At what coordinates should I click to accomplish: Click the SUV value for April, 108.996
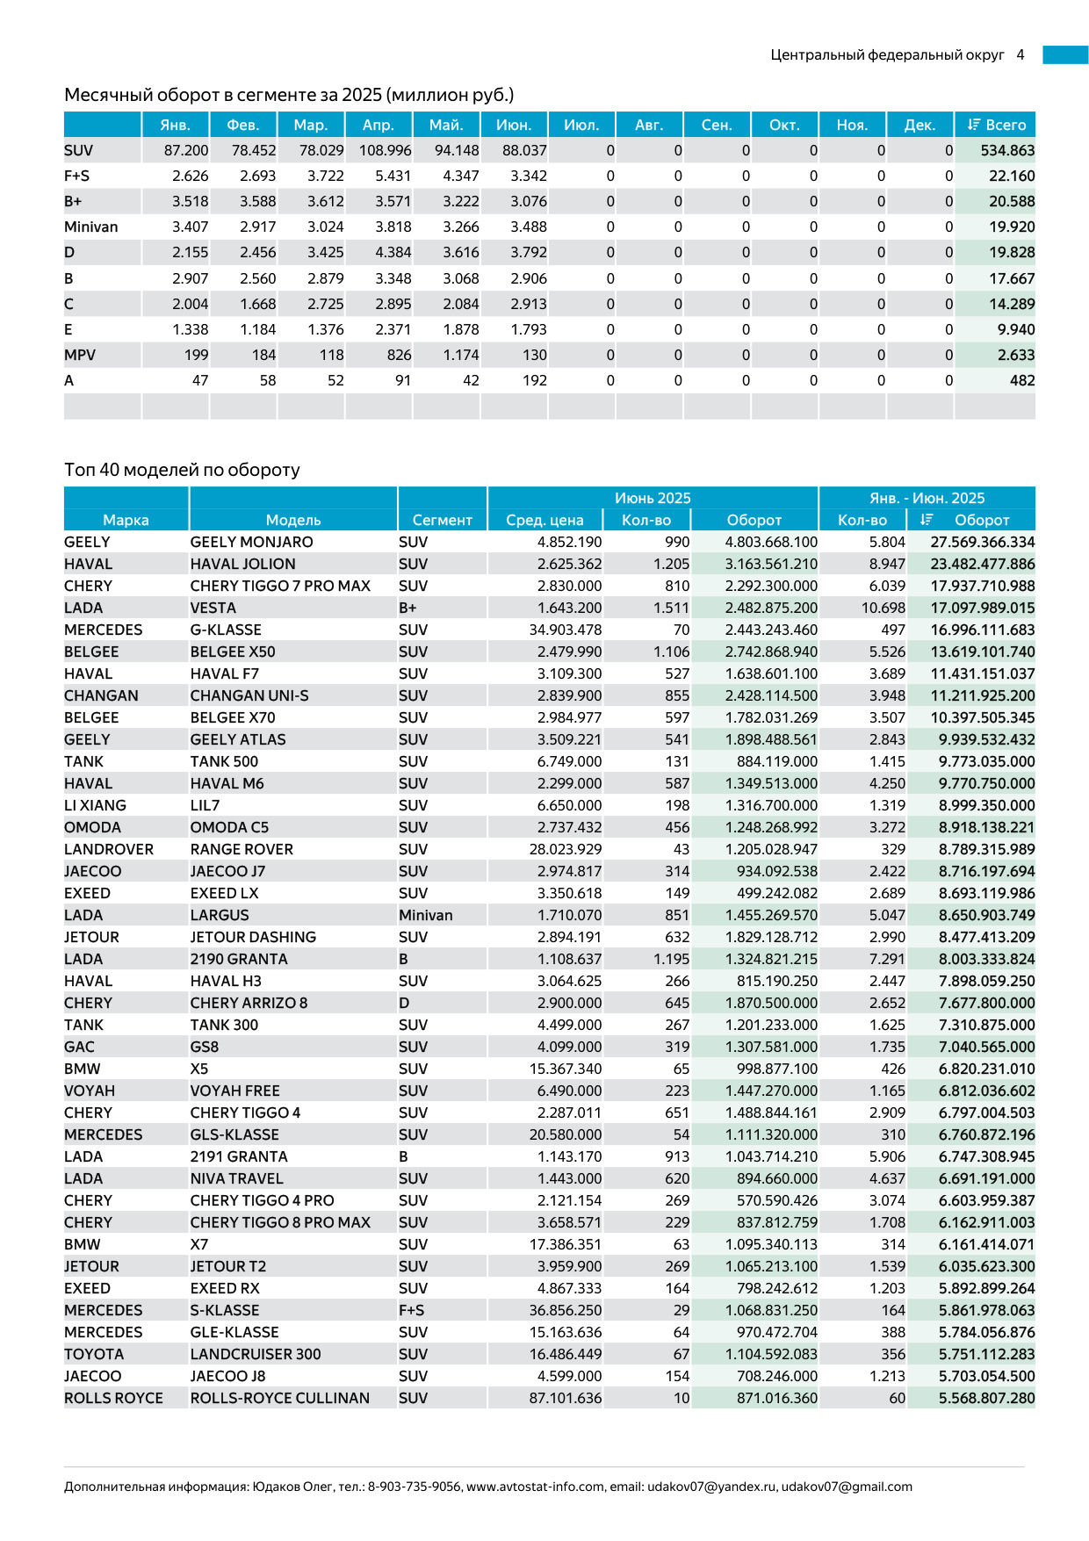point(385,151)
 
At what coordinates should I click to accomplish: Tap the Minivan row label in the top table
point(91,227)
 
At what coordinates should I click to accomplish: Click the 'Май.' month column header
point(446,125)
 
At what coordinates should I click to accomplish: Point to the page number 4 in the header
point(1020,55)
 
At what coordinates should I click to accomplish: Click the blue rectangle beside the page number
point(1065,55)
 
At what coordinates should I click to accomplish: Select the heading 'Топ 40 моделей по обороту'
point(182,470)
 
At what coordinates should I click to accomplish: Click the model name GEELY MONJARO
point(251,543)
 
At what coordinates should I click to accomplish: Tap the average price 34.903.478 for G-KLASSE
point(566,630)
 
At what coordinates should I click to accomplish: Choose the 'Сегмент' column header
point(442,521)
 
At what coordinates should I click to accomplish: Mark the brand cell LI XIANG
point(95,806)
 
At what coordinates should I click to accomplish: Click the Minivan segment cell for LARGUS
point(426,916)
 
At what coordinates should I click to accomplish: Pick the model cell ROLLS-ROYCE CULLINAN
point(279,1399)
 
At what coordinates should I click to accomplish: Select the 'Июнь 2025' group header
point(653,499)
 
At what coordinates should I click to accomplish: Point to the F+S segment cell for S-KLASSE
point(411,1311)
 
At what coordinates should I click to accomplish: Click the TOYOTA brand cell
point(94,1355)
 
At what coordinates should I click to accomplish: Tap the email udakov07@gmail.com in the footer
point(847,1487)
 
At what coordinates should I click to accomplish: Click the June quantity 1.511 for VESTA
point(671,608)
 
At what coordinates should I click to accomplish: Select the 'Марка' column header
point(126,521)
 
